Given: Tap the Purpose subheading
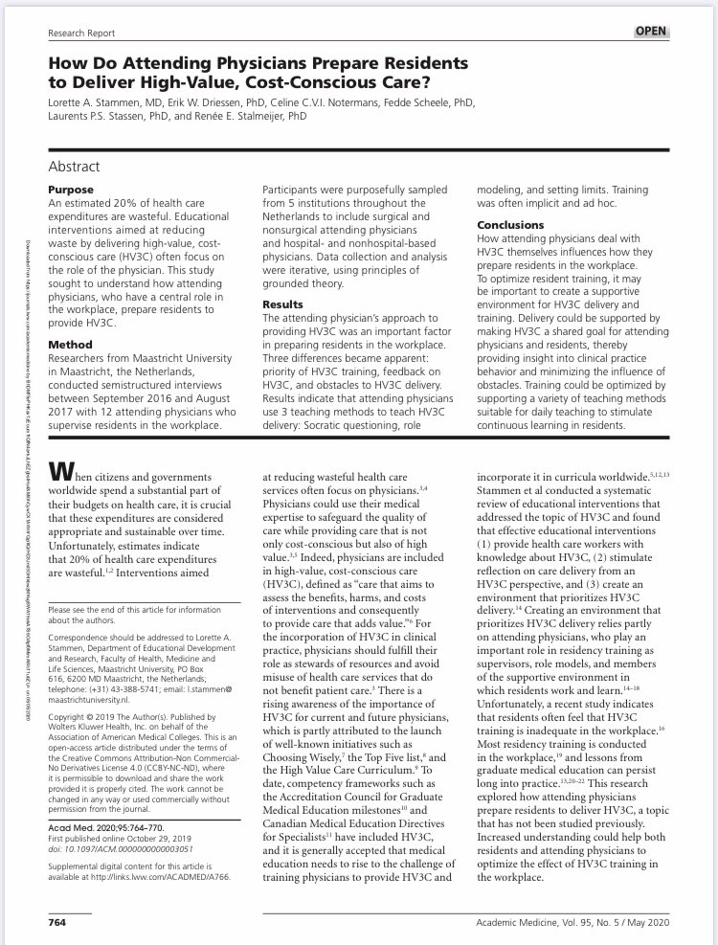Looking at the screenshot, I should (70, 190).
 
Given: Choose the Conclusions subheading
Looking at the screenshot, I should (513, 226).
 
